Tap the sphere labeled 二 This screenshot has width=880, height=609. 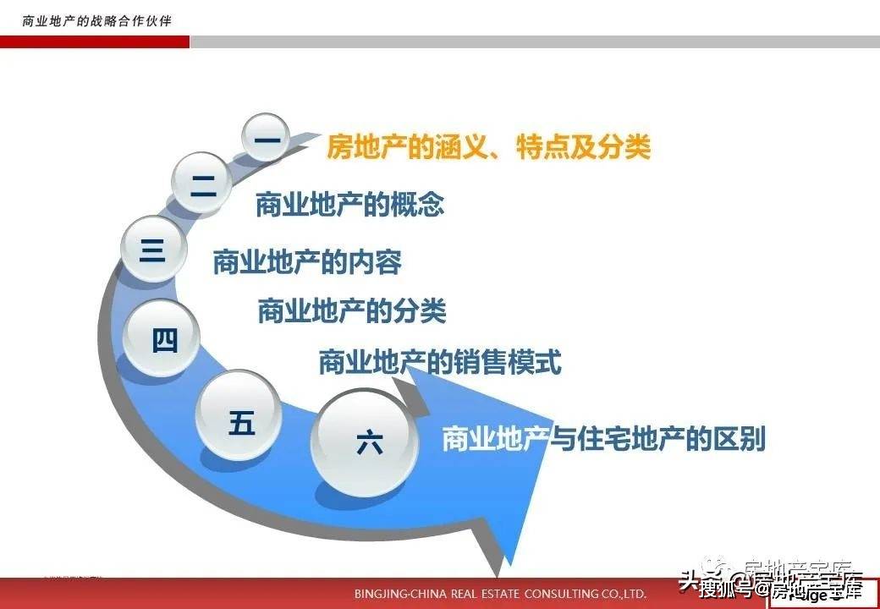(202, 181)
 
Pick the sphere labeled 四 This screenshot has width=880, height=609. (162, 339)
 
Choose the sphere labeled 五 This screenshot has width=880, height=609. (240, 421)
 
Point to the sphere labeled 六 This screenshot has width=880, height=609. (369, 443)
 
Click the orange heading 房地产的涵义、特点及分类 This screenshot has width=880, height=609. (488, 149)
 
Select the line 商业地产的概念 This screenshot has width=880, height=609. (349, 205)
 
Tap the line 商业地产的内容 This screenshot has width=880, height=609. (306, 262)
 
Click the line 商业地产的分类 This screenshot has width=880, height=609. (351, 311)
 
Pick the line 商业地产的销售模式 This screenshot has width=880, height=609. (440, 363)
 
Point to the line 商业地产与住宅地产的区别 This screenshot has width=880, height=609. (603, 440)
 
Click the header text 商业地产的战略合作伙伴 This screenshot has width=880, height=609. (96, 20)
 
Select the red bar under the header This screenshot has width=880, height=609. (94, 42)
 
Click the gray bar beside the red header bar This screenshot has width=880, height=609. (533, 42)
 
